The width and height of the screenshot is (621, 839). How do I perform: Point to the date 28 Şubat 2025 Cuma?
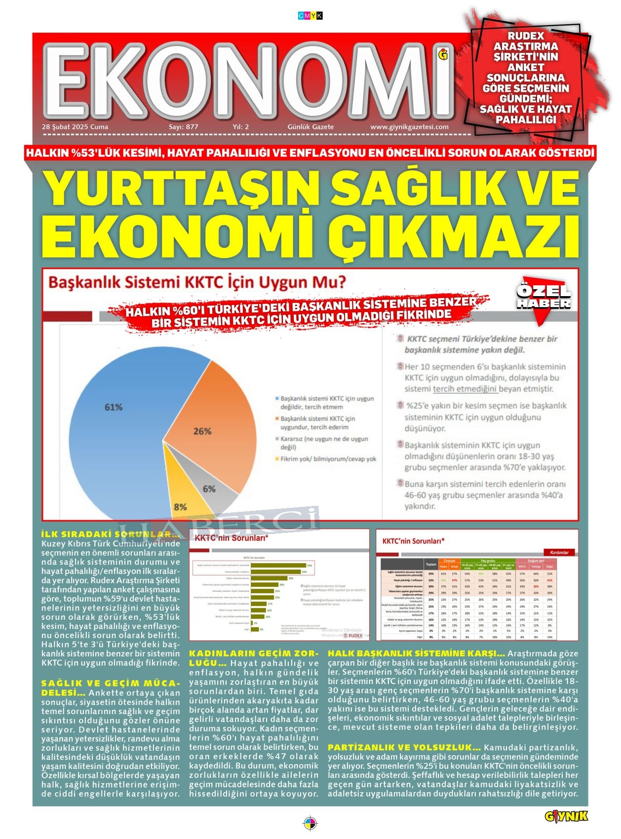pos(75,127)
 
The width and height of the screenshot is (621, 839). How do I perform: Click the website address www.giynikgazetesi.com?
pos(409,127)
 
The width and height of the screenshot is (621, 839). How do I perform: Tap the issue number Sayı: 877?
pos(184,127)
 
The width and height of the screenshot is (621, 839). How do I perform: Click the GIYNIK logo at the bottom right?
pos(566,816)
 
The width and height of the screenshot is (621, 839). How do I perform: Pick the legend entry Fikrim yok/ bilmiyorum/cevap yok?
pos(328,459)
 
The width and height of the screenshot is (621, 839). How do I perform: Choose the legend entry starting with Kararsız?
pos(324,443)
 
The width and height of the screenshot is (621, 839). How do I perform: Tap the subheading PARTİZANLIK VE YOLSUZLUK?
pos(404,747)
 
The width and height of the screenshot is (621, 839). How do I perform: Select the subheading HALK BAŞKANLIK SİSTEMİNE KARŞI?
pos(416,653)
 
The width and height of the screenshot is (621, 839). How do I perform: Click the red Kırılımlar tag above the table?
pos(559,552)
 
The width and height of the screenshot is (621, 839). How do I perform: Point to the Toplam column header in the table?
pos(431,564)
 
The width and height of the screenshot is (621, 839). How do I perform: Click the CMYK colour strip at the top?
pos(310,16)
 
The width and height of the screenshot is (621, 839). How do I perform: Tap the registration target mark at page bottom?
pos(310,824)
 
